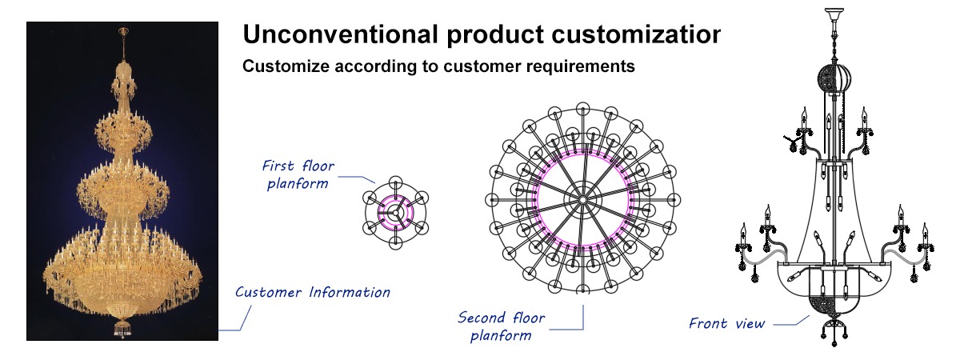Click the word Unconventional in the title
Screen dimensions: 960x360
340,34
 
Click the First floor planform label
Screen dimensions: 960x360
298,174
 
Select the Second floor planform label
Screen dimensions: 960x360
501,326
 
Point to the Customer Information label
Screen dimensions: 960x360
313,292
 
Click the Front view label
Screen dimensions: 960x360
726,323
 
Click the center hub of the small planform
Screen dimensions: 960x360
395,212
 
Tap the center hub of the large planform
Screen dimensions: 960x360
582,200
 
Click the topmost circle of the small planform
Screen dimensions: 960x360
395,182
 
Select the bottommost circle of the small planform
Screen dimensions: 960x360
395,243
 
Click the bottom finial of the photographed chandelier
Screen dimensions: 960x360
122,328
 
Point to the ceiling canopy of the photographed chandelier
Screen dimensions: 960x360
123,31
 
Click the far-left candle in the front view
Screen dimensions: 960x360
743,234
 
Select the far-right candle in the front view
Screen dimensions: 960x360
925,234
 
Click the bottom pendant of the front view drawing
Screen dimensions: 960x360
834,334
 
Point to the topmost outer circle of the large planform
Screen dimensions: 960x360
583,109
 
